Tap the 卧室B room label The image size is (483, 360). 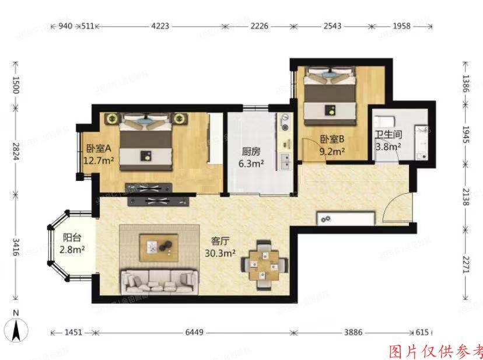point(332,139)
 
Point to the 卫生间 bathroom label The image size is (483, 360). point(388,134)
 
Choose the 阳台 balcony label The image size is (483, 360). point(72,238)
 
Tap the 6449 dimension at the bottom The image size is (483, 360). point(194,332)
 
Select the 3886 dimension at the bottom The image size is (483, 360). point(353,332)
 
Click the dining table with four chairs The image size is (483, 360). point(265,265)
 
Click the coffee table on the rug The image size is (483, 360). point(159,247)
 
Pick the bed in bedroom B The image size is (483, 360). point(331,99)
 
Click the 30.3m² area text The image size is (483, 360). point(219,253)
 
